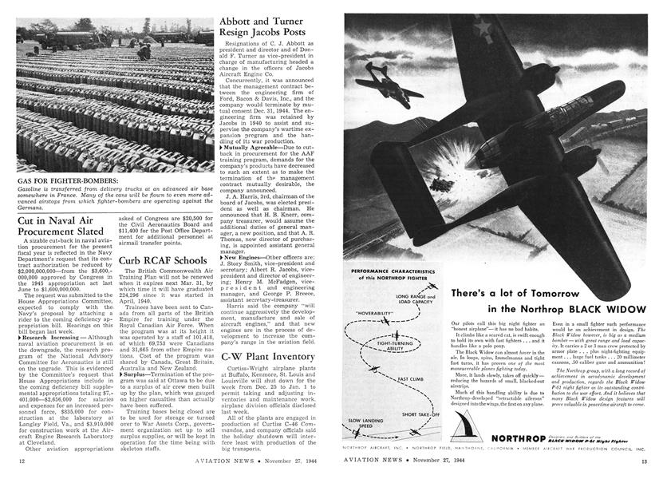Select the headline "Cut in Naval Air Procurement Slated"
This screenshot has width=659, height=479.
[61, 225]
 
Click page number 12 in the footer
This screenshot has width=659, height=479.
[22, 461]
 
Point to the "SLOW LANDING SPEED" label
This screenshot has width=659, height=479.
[366, 424]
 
